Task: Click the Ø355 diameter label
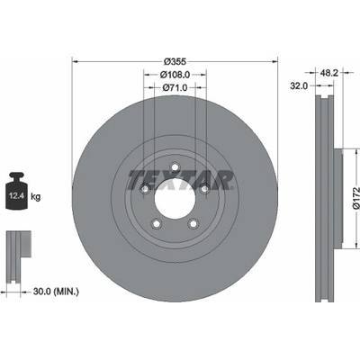click(175, 61)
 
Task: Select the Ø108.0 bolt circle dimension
click(175, 74)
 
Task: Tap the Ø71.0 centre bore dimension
click(175, 87)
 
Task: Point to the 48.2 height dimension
click(329, 73)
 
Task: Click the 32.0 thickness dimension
click(299, 86)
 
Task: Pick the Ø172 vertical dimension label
click(355, 198)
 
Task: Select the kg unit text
click(36, 197)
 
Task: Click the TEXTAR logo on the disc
click(181, 180)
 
